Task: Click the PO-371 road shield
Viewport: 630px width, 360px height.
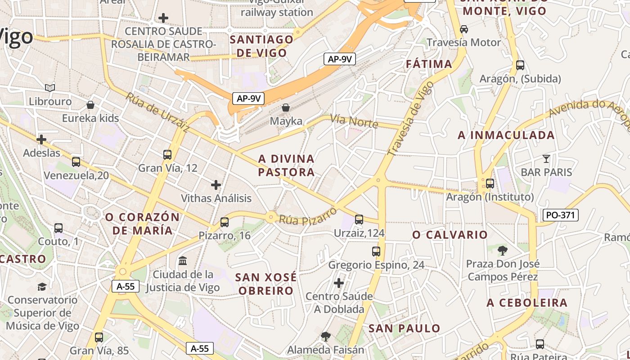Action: (x=560, y=215)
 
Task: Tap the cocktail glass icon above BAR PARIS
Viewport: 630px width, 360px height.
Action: (x=546, y=158)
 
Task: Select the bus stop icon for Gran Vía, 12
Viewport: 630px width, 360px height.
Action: (x=167, y=155)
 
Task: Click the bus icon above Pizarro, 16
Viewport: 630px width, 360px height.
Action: (x=225, y=222)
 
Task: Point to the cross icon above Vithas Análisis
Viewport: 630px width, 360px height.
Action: (x=216, y=184)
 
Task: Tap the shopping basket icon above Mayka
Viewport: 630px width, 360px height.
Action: (x=285, y=108)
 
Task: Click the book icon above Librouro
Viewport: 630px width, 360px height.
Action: (x=50, y=88)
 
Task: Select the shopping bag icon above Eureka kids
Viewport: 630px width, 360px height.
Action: (x=90, y=105)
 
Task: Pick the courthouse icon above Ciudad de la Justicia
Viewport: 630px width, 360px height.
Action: (x=183, y=261)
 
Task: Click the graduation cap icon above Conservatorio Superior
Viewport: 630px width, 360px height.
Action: (x=42, y=287)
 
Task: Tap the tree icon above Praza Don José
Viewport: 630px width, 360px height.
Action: (x=502, y=251)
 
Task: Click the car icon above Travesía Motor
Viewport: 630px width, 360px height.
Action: (x=463, y=29)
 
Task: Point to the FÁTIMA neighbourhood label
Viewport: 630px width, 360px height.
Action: (x=429, y=64)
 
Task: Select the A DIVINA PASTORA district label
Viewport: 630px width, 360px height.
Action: (x=286, y=165)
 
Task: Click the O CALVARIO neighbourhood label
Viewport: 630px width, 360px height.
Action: (x=450, y=234)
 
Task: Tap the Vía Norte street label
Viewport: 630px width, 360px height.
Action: (x=354, y=121)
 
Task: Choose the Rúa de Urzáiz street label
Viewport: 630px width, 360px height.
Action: (x=157, y=113)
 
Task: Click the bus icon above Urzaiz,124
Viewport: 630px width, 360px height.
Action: (x=359, y=220)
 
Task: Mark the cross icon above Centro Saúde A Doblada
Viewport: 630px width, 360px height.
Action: (x=339, y=283)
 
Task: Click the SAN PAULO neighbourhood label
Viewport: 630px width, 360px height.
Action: (x=404, y=328)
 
